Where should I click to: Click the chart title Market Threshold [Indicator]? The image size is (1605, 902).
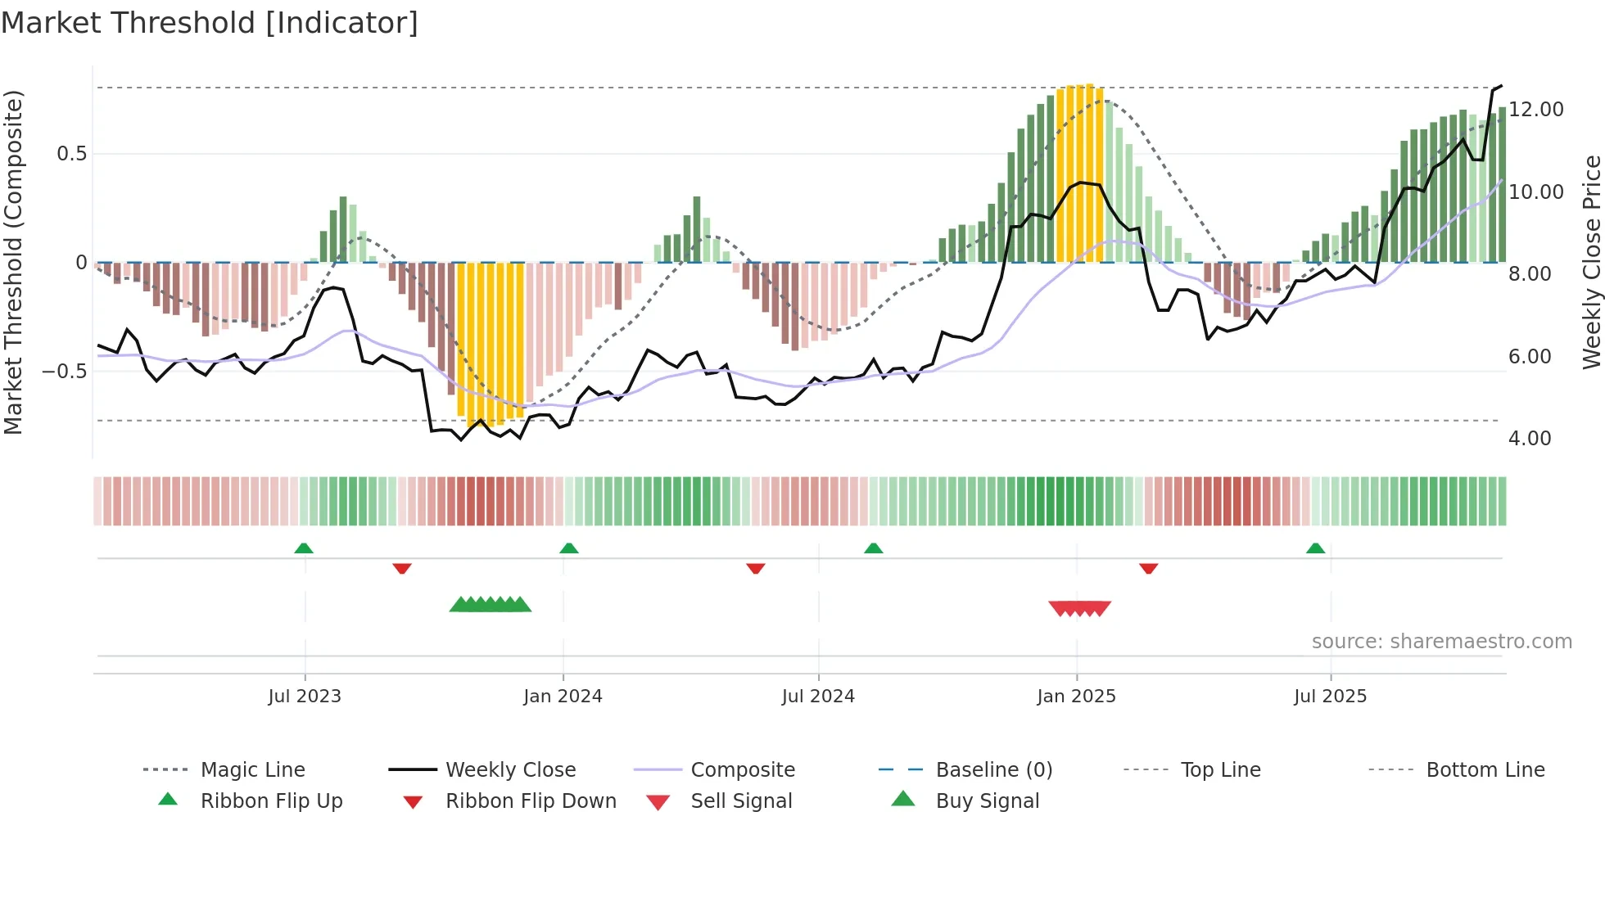pos(210,23)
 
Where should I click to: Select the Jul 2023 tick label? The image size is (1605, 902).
pos(305,697)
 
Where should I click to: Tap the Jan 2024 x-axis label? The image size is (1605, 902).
pos(563,697)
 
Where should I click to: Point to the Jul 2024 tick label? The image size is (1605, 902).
pos(818,697)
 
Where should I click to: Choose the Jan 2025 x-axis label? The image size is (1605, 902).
pos(1076,697)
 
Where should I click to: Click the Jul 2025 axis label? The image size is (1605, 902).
pos(1330,697)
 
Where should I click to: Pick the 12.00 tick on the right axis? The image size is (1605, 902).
pos(1535,110)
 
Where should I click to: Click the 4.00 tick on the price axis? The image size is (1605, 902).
pos(1529,439)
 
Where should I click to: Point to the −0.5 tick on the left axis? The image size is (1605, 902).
pos(64,372)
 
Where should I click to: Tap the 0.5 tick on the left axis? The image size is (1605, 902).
pos(71,154)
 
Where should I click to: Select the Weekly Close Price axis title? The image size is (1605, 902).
pos(1590,262)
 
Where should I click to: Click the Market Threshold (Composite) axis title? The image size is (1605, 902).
pos(13,262)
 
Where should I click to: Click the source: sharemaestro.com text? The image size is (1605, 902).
pos(1441,642)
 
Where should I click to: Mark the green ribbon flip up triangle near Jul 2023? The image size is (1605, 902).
pos(304,548)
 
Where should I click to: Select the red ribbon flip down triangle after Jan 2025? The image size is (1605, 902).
pos(1148,568)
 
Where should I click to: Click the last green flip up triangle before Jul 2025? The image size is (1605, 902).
pos(1315,548)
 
